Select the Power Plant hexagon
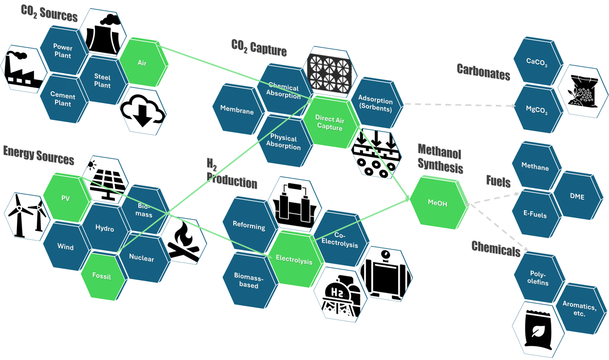coord(62,51)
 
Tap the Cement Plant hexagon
coord(62,99)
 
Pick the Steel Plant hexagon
coord(102,80)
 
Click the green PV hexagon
coord(66,198)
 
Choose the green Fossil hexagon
coord(102,276)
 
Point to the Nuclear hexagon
coord(141,258)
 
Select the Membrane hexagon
coord(237,111)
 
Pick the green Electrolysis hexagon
coord(294,259)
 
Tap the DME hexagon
coord(577,197)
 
